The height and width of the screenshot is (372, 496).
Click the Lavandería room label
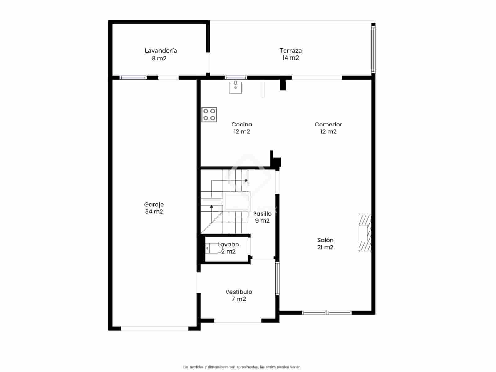click(161, 51)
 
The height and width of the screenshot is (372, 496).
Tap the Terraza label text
click(290, 51)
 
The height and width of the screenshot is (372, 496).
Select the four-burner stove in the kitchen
click(209, 114)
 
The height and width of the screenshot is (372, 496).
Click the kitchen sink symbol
click(235, 87)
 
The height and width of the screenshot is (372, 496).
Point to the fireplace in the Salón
click(365, 232)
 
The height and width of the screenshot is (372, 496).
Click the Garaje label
click(154, 205)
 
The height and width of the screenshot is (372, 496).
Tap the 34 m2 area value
click(154, 212)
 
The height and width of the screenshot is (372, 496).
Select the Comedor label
click(328, 125)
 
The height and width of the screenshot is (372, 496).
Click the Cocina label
click(242, 125)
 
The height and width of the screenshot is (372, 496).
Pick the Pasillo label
click(262, 214)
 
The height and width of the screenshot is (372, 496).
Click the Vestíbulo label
click(238, 292)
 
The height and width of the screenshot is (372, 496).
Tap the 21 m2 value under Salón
click(325, 247)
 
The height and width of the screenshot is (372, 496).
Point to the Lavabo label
click(228, 245)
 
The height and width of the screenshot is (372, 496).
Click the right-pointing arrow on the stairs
click(246, 180)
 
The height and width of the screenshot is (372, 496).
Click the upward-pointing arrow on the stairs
click(211, 206)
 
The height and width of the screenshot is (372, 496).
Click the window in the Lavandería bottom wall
click(133, 77)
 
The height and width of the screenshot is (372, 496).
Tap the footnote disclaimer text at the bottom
click(241, 367)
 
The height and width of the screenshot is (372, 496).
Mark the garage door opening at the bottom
click(154, 328)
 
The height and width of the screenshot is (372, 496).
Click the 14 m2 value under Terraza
click(290, 58)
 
